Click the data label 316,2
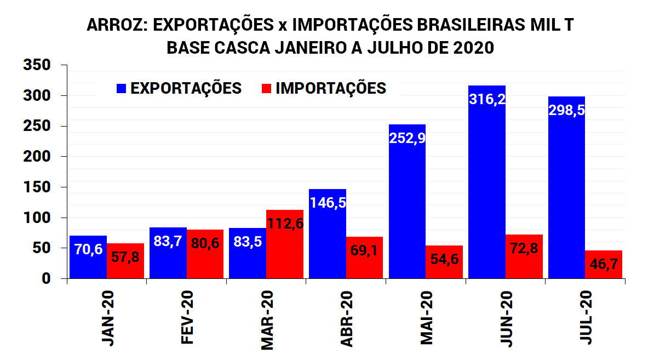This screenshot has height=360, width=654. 487,99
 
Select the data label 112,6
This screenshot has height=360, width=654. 284,224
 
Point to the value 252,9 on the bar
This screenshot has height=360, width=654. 407,138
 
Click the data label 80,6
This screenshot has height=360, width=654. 205,243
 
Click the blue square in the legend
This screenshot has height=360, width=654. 121,88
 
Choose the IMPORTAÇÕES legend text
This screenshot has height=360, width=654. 331,88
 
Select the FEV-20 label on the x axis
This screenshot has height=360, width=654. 188,318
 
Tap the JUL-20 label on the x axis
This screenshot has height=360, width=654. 587,318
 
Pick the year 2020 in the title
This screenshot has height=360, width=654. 474,48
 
